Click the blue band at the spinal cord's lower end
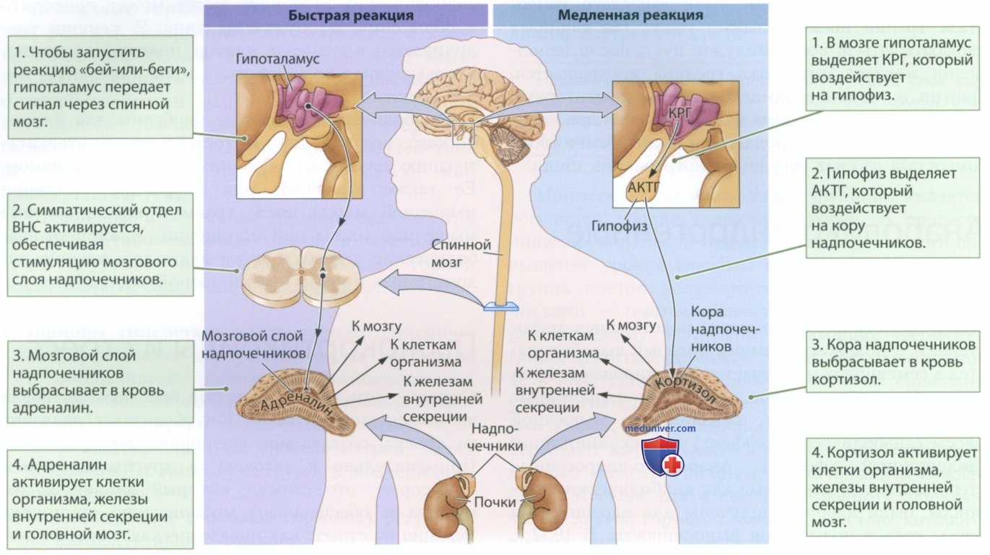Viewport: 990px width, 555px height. pyautogui.click(x=502, y=306)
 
